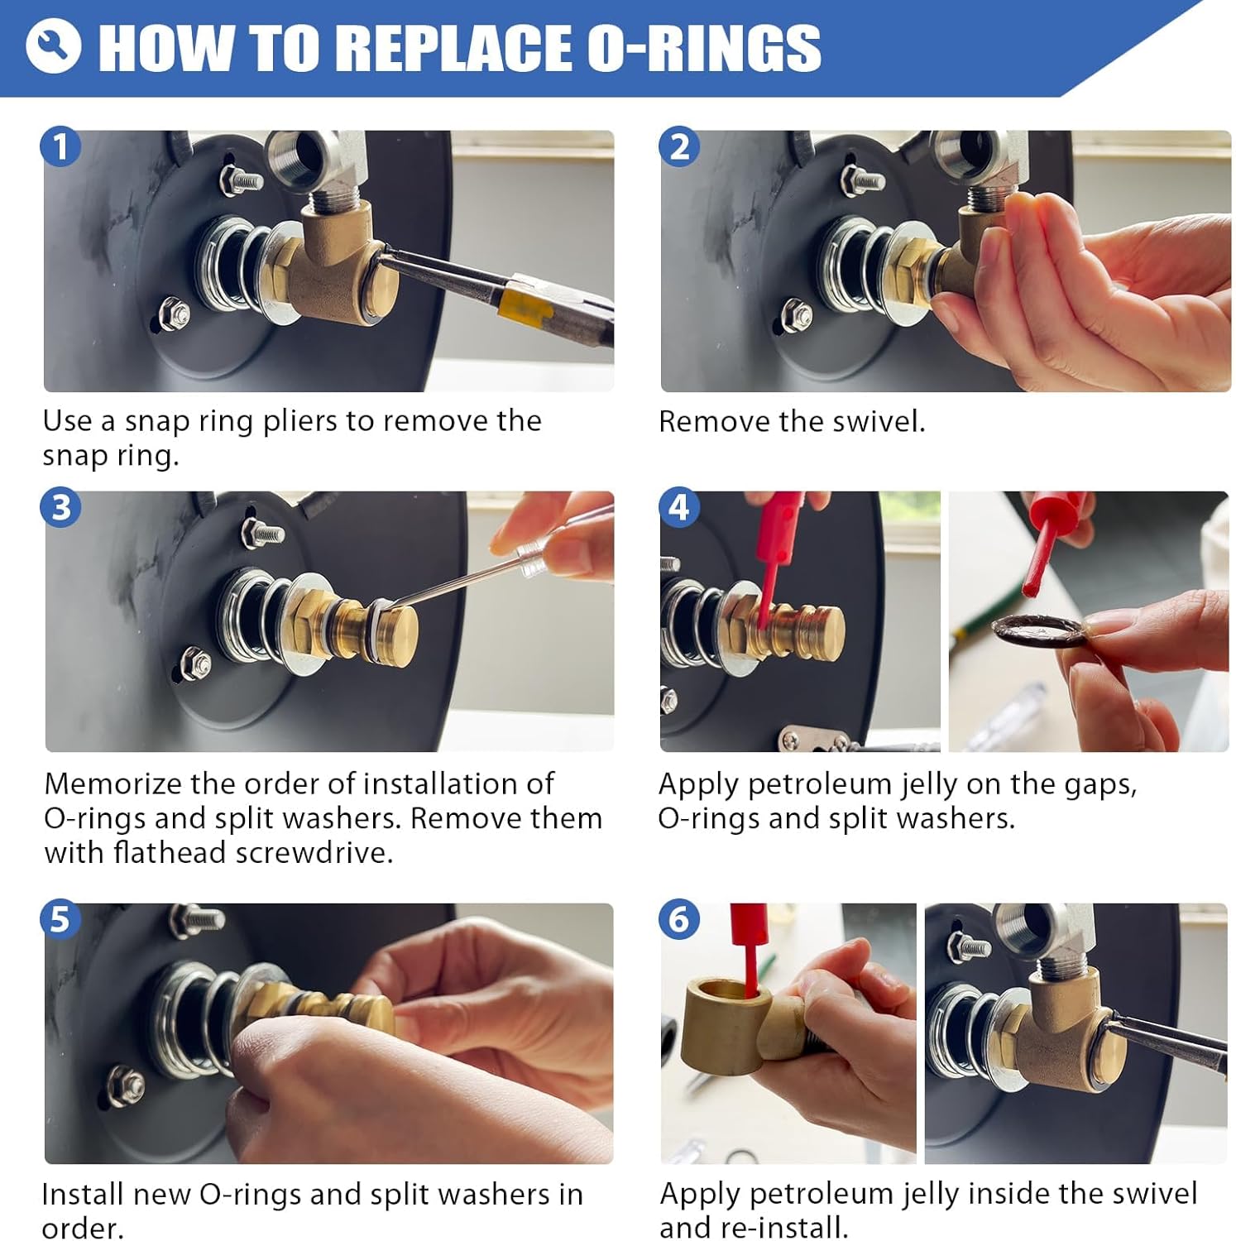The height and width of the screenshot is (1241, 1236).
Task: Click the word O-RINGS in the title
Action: click(x=704, y=47)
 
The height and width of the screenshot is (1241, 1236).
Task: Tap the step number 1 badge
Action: click(x=60, y=147)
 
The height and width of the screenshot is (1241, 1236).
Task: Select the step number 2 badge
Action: click(x=679, y=147)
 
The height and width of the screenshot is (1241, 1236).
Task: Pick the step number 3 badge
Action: click(x=61, y=507)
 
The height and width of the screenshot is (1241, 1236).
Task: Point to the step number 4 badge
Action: click(x=679, y=507)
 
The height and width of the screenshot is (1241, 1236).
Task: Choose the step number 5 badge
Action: click(x=60, y=919)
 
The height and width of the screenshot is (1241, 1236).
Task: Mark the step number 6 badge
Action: click(x=679, y=919)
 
